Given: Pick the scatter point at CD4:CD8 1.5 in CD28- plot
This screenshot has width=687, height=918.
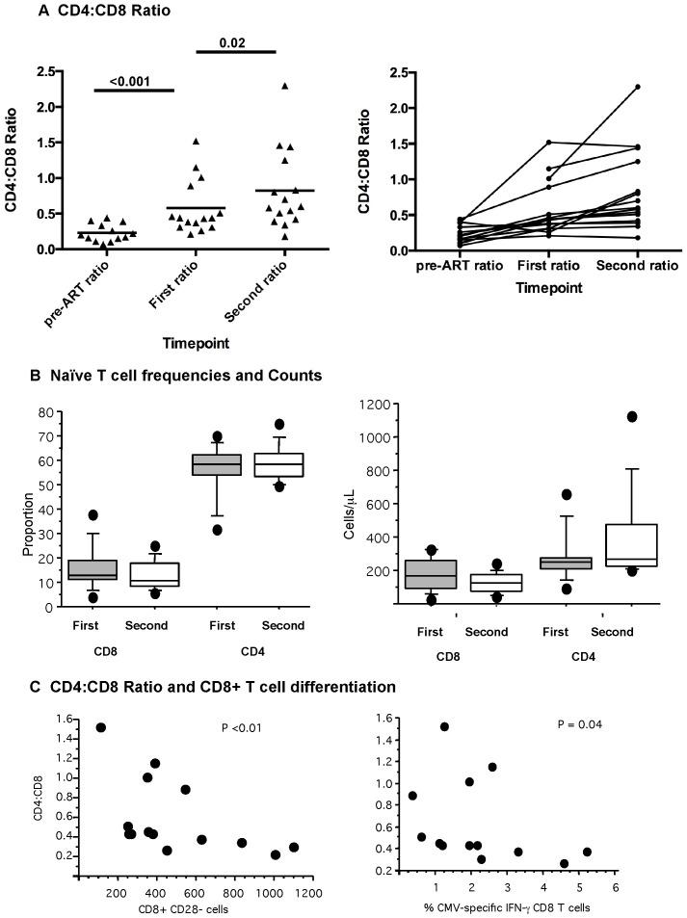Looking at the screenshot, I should [101, 727].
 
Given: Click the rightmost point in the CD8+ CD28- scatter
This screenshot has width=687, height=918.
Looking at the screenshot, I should [293, 848].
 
